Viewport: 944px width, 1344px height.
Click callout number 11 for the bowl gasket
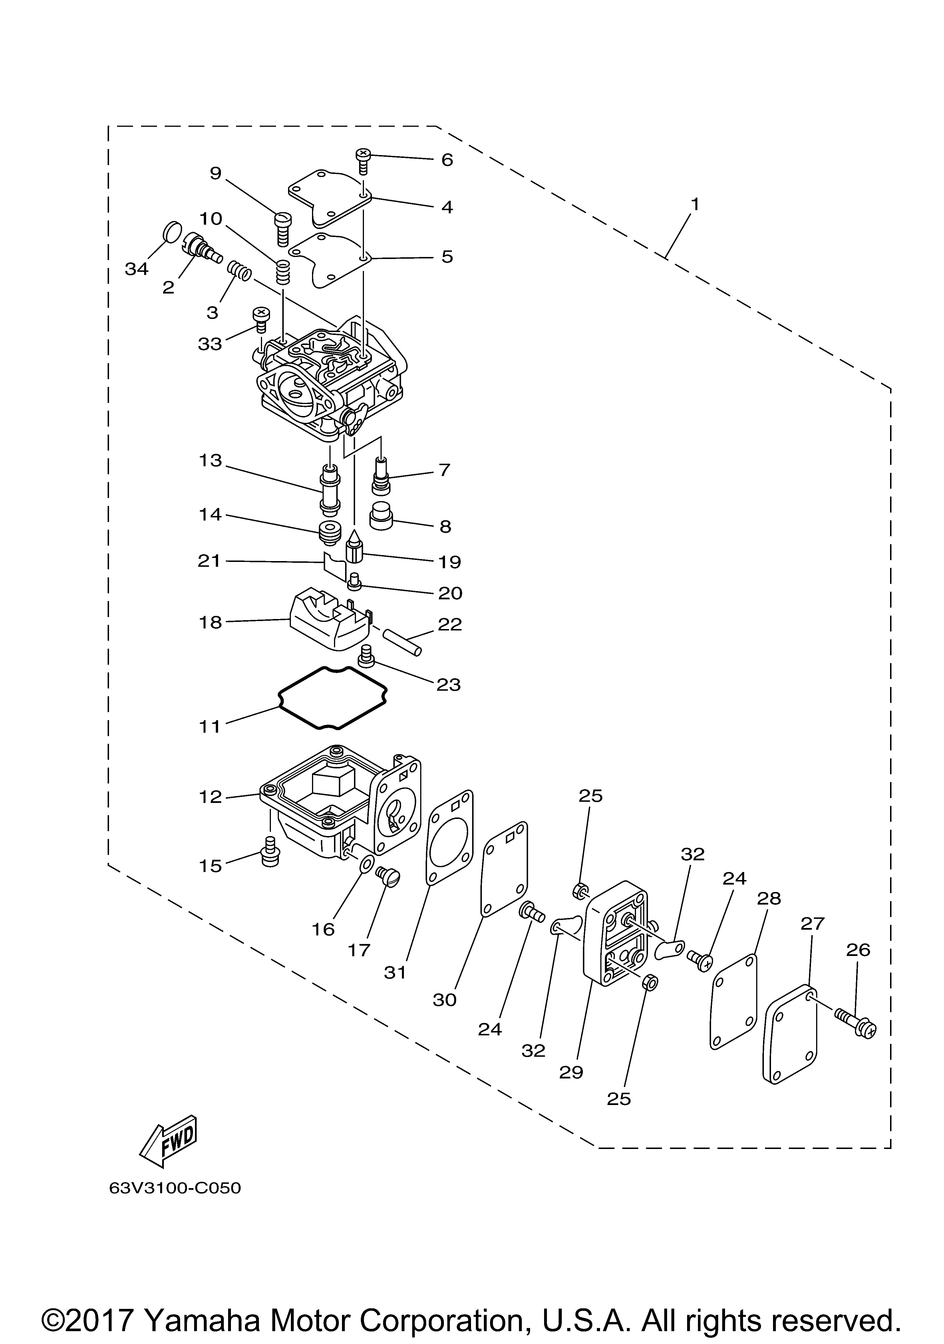pos(210,727)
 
